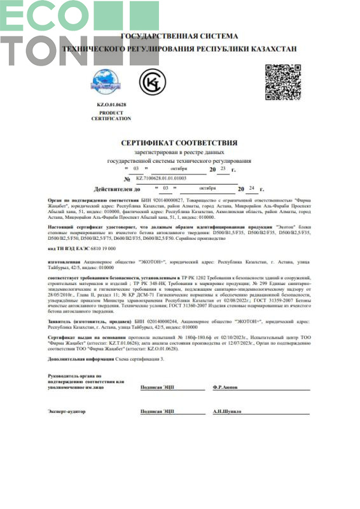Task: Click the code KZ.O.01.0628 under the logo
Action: pyautogui.click(x=111, y=104)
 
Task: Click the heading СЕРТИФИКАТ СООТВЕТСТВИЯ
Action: pyautogui.click(x=179, y=143)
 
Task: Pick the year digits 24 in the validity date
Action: pyautogui.click(x=252, y=189)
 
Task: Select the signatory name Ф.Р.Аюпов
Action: pyautogui.click(x=226, y=386)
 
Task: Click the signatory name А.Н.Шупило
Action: pyautogui.click(x=228, y=412)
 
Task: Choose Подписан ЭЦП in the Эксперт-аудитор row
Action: pyautogui.click(x=157, y=412)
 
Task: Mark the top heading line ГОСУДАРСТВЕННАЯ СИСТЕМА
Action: pyautogui.click(x=179, y=36)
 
